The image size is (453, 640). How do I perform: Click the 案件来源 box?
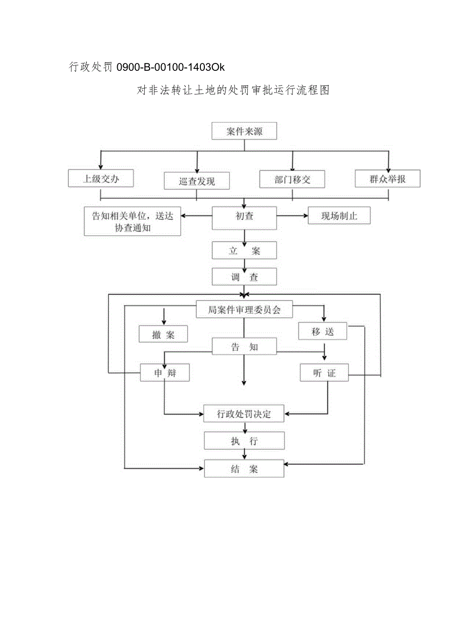[x=244, y=132]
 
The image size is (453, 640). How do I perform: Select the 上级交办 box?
[x=100, y=179]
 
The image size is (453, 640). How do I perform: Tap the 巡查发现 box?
[x=196, y=181]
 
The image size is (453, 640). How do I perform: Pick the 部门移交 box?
[x=292, y=180]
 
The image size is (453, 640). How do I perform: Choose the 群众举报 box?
[x=388, y=179]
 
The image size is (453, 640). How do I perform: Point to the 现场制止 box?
[x=339, y=216]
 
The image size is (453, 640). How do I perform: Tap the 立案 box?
[x=244, y=251]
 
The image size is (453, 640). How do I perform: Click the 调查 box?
[x=244, y=277]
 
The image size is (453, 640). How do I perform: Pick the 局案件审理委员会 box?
[x=244, y=310]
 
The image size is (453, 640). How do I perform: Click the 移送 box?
[x=323, y=332]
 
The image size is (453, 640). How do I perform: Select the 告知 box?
[x=244, y=347]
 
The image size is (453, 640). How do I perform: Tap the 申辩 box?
[x=164, y=373]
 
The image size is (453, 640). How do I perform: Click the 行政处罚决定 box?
[x=244, y=414]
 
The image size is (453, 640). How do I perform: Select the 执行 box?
[x=244, y=441]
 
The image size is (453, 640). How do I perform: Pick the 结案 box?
[x=244, y=469]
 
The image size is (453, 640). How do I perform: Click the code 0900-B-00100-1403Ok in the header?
[x=170, y=67]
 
